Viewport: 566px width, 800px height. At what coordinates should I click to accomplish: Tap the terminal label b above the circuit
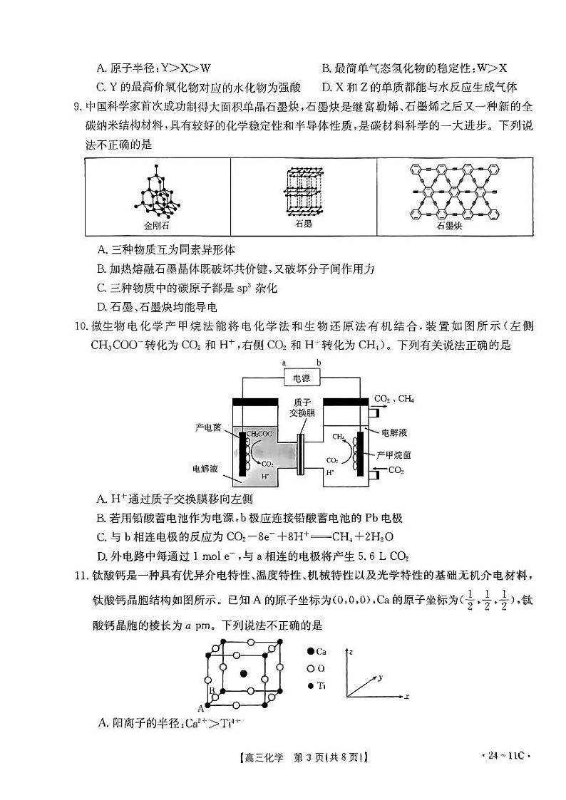(319, 363)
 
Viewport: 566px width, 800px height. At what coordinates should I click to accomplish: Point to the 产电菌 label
(207, 428)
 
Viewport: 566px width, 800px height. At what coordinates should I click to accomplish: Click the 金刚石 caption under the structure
(157, 225)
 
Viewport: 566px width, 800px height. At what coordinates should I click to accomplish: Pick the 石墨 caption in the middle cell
(304, 224)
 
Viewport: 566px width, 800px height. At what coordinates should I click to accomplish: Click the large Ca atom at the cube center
(244, 673)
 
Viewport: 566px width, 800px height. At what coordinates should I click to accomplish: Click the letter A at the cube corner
(201, 707)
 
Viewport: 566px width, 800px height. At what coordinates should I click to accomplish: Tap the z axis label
(352, 652)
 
